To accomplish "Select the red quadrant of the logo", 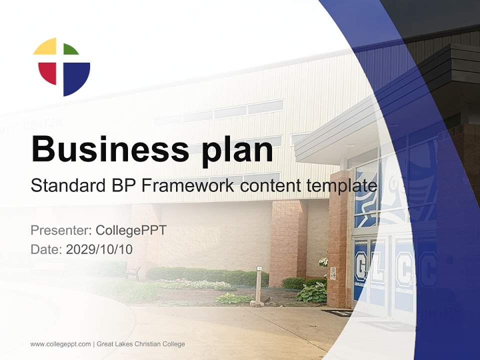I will pos(47,72).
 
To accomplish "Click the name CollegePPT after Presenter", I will pos(130,230).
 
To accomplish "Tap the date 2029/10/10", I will pos(99,249).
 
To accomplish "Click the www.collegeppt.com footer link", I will pos(60,344).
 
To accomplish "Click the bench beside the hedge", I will pos(132,272).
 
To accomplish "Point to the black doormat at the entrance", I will pos(336,313).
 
